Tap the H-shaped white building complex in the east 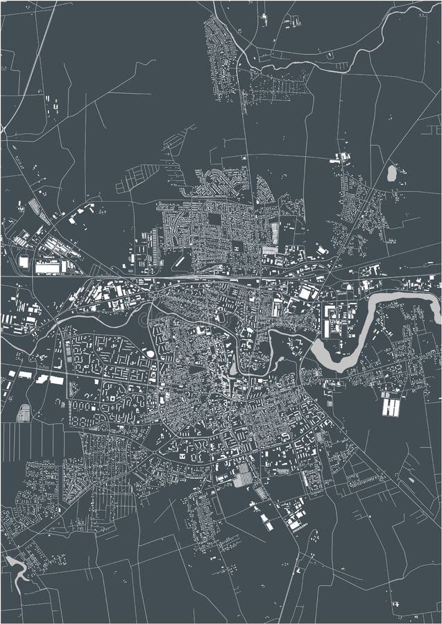point(391,404)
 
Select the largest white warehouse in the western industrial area point(49,266)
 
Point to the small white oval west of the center point(150,354)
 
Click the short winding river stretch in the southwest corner point(17,569)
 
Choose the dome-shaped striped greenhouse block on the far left point(23,413)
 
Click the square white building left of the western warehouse point(24,262)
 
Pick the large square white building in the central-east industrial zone point(306,294)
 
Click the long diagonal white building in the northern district point(179,262)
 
